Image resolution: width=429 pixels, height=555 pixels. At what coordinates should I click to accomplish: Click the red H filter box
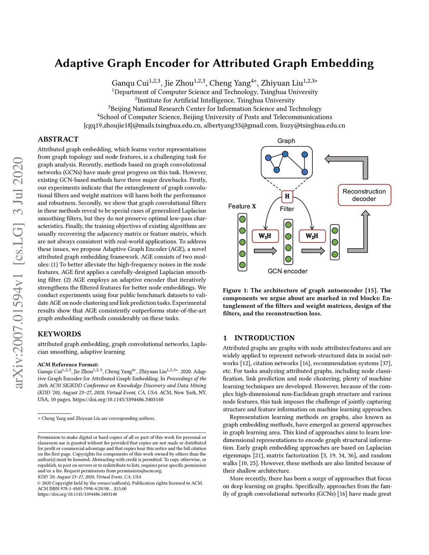click(287, 196)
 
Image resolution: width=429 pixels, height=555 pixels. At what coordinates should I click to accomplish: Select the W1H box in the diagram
click(265, 236)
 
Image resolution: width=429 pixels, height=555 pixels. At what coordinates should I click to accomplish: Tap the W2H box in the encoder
click(312, 236)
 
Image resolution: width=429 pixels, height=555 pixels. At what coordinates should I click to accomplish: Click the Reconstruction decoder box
click(364, 195)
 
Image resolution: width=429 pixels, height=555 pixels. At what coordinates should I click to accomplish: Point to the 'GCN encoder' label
click(287, 271)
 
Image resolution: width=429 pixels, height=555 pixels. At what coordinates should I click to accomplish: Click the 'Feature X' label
click(242, 206)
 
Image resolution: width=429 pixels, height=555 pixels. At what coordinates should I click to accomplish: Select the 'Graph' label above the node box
click(286, 141)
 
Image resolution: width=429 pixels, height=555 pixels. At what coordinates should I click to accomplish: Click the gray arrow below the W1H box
click(265, 251)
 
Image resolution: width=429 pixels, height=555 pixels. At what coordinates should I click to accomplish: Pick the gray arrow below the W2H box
click(313, 251)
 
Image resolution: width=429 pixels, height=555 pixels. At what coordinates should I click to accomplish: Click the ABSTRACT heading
click(58, 139)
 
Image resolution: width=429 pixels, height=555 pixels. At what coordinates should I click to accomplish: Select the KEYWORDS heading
click(59, 334)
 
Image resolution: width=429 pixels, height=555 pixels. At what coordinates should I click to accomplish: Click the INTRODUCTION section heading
click(264, 338)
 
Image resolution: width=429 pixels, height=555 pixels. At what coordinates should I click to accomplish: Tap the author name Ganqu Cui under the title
click(130, 83)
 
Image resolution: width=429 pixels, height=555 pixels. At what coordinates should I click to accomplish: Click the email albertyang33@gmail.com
click(240, 125)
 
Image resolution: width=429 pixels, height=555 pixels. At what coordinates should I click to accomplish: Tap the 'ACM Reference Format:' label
click(68, 364)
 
